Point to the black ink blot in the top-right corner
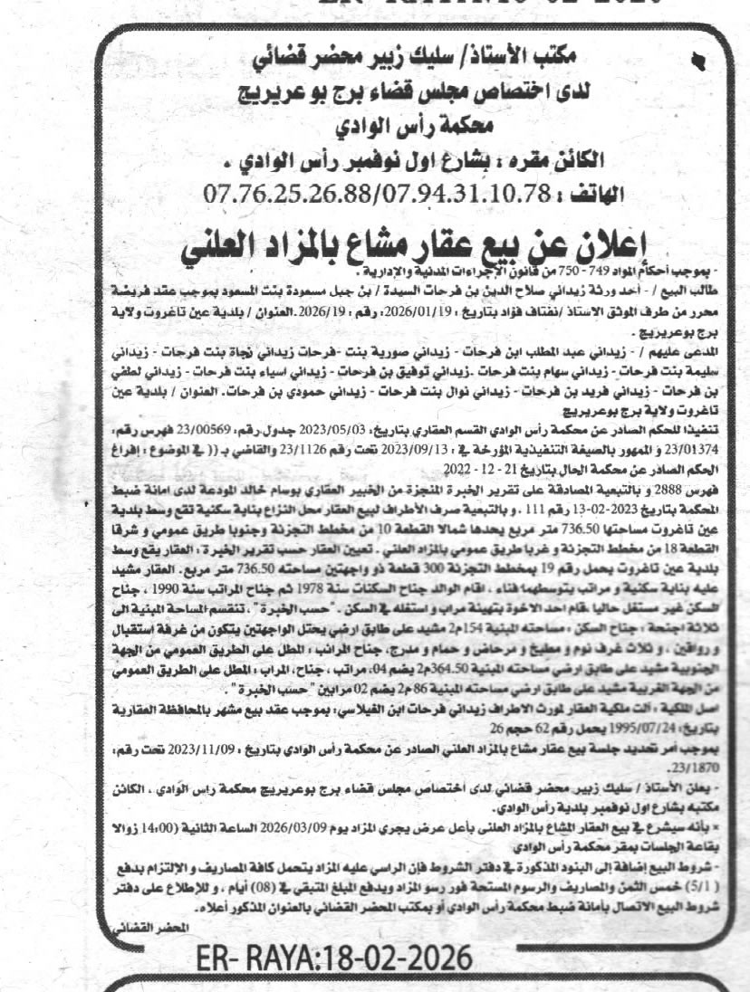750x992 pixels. [x=697, y=62]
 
